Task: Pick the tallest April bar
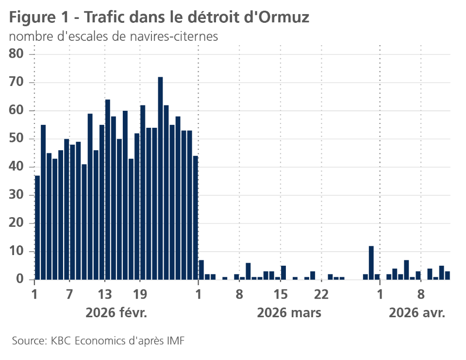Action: coord(406,270)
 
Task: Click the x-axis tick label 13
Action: coord(105,294)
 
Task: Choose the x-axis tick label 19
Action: coord(140,294)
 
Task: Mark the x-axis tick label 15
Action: coord(281,294)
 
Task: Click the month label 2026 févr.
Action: coord(116,313)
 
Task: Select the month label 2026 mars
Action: coord(289,313)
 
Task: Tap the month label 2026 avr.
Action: coord(417,313)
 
